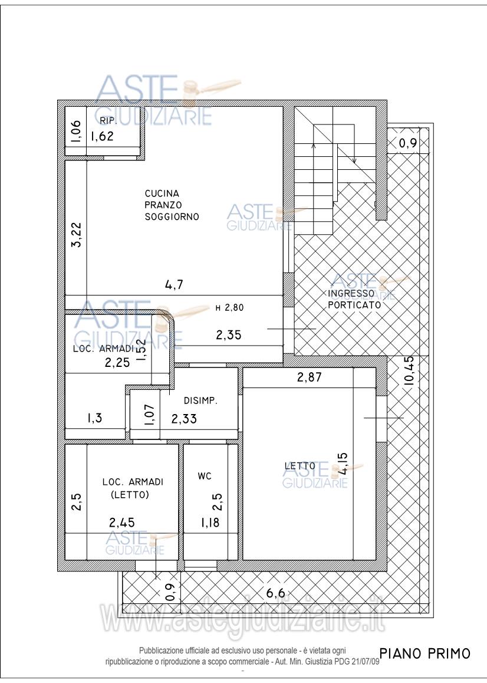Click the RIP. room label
pyautogui.click(x=107, y=121)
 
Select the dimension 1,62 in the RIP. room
pyautogui.click(x=102, y=136)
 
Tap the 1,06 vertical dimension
pyautogui.click(x=76, y=131)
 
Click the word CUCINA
pyautogui.click(x=162, y=193)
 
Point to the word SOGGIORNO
pyautogui.click(x=172, y=216)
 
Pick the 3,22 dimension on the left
pyautogui.click(x=77, y=235)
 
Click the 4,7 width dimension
pyautogui.click(x=175, y=285)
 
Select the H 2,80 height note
pyautogui.click(x=229, y=307)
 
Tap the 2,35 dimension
pyautogui.click(x=229, y=335)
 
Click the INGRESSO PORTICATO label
pyautogui.click(x=354, y=299)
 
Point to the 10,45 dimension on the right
pyautogui.click(x=409, y=370)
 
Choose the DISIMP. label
pyautogui.click(x=200, y=400)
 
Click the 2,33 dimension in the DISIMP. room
pyautogui.click(x=184, y=419)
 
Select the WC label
pyautogui.click(x=205, y=476)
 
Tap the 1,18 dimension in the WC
pyautogui.click(x=210, y=523)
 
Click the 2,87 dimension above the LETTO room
pyautogui.click(x=310, y=377)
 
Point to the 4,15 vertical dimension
pyautogui.click(x=343, y=464)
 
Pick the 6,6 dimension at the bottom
pyautogui.click(x=275, y=593)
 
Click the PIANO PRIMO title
pyautogui.click(x=425, y=654)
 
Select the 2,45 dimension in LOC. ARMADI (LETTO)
pyautogui.click(x=122, y=522)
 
